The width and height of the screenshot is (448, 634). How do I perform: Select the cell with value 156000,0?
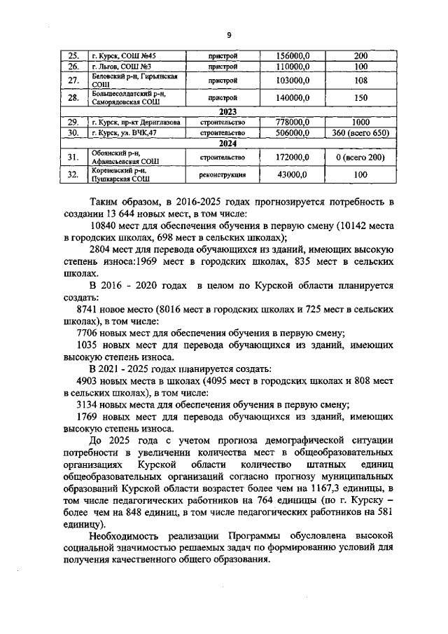[293, 55]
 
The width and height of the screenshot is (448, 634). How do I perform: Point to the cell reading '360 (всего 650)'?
[361, 132]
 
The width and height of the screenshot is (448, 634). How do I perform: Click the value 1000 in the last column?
[361, 121]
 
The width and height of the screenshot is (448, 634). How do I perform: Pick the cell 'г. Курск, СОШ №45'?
[123, 55]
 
